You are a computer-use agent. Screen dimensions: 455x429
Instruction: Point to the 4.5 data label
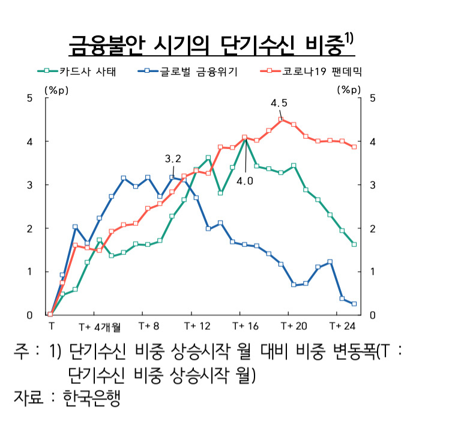click(279, 103)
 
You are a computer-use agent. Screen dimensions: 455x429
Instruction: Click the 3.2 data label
click(173, 159)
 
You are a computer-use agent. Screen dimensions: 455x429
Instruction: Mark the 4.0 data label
click(245, 181)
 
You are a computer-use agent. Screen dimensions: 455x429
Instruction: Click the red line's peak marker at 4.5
click(281, 120)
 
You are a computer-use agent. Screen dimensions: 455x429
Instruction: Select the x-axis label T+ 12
click(197, 326)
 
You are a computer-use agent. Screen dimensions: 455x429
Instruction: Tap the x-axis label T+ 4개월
click(100, 327)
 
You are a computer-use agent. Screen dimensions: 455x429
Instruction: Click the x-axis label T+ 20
click(294, 326)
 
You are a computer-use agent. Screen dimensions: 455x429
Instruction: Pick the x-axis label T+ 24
click(342, 326)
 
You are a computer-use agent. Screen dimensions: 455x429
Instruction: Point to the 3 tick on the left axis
click(29, 184)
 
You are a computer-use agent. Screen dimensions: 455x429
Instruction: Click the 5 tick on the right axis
click(373, 98)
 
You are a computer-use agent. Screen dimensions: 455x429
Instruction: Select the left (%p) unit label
click(56, 90)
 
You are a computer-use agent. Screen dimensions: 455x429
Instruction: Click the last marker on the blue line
click(354, 304)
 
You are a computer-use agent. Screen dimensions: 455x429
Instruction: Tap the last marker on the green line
click(354, 245)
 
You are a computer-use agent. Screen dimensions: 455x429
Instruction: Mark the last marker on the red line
click(354, 147)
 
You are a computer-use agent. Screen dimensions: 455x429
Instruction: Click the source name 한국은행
click(91, 398)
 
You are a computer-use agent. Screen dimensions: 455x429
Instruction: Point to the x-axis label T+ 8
click(149, 326)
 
